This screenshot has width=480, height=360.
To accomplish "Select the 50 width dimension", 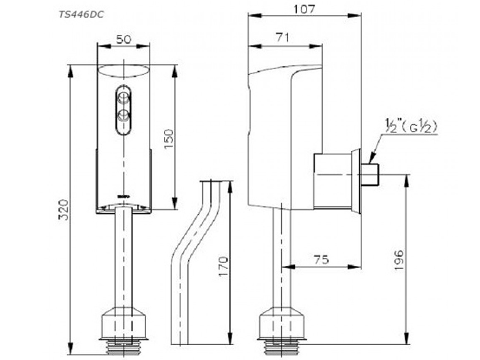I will click(x=124, y=40).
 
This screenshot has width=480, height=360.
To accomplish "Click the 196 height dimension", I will click(x=400, y=260).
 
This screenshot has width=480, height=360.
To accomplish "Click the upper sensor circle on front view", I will click(x=124, y=96).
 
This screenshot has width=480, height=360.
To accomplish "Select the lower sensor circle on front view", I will click(x=124, y=115).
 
